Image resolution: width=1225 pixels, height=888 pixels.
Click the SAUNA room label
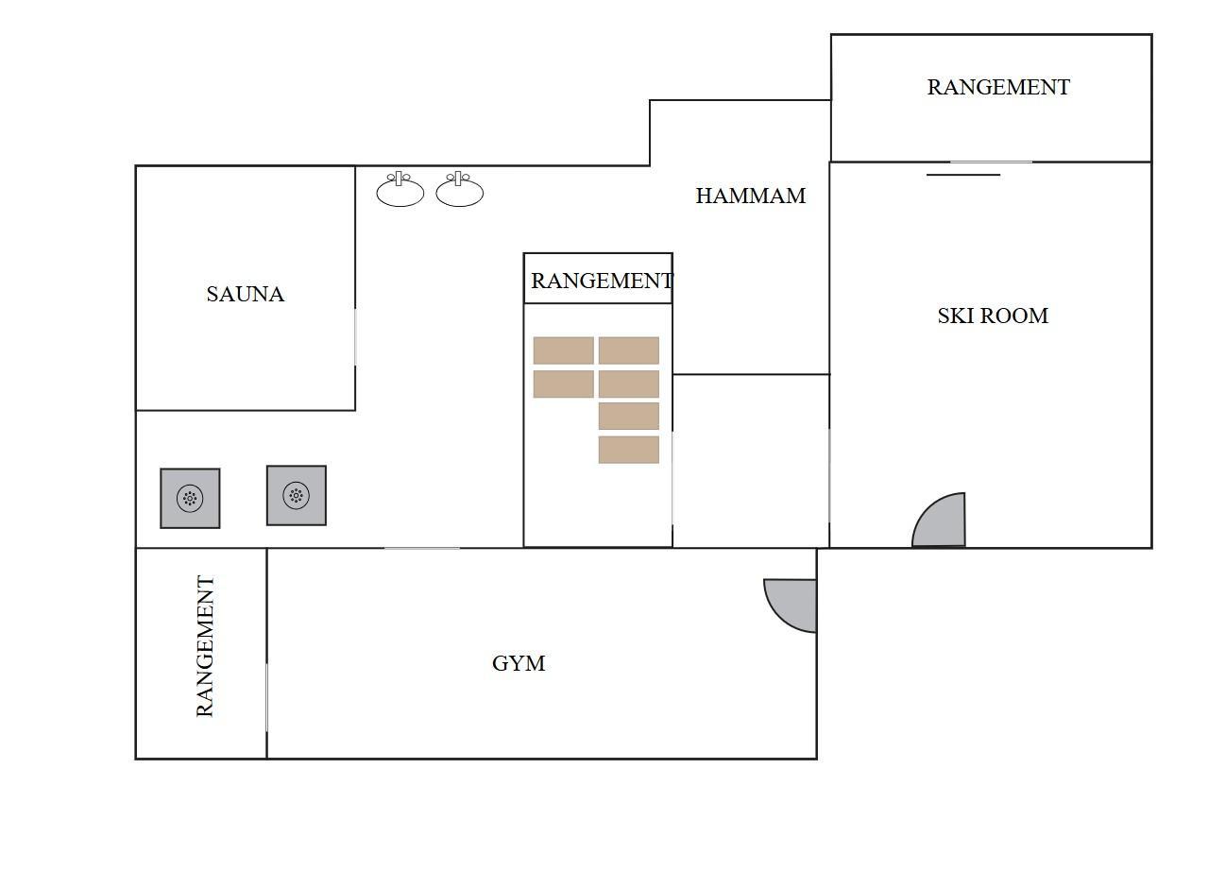245,295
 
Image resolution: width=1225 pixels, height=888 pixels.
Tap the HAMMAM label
751,196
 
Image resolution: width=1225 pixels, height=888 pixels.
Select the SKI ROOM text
993,316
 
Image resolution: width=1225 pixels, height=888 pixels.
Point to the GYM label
519,664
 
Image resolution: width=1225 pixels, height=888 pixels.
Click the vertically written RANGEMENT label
205,645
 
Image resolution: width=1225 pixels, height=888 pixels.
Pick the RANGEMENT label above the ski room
998,87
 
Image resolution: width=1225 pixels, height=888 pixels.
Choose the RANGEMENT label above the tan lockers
602,281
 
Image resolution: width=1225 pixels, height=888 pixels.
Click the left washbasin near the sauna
400,190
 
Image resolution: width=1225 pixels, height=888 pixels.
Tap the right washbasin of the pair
459,190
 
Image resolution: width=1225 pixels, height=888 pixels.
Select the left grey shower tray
190,499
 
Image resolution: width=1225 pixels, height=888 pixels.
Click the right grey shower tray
297,496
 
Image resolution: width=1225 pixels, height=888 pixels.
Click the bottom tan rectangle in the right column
629,450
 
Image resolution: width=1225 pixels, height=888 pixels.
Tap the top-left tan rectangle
563,350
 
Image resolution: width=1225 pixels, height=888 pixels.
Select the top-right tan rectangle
629,350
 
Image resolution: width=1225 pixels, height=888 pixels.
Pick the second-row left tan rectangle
563,384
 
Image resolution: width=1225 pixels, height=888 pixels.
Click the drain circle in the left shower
190,499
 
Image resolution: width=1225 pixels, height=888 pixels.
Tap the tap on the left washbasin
399,178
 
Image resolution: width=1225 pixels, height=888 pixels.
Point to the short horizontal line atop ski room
963,175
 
